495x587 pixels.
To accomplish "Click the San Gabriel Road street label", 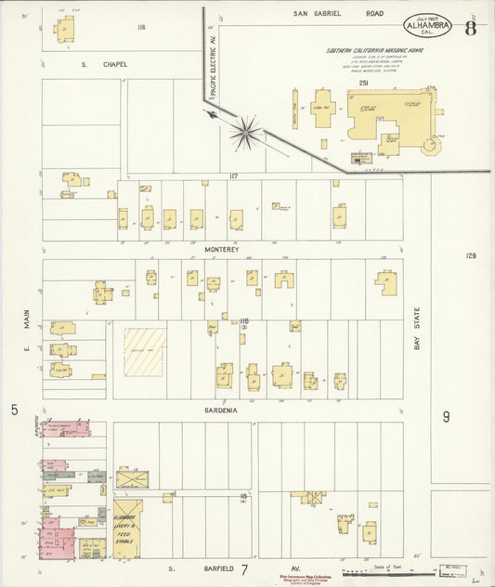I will [338, 14].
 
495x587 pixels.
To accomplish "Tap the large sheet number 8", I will [471, 25].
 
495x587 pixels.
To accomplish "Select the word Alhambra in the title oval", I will [428, 28].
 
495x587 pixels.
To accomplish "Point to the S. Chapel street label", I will [103, 64].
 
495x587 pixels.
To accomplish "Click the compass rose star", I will [244, 132].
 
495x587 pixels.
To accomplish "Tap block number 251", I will [365, 84].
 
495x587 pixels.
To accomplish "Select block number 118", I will [141, 28].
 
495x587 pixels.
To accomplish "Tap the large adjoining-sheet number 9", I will [446, 417].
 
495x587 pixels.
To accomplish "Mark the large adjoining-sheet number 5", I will [14, 410].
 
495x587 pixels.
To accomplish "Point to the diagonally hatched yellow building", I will [146, 351].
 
